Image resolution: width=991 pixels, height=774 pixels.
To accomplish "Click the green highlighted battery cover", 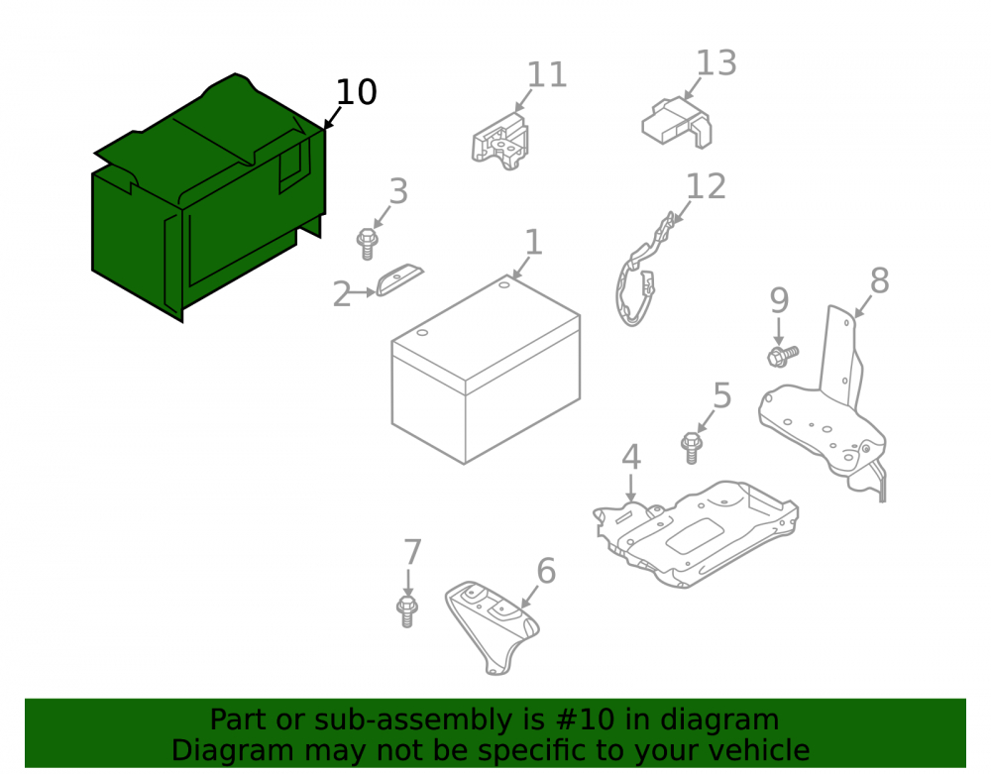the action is tap(208, 202).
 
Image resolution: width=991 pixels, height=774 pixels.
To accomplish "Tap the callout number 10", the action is tap(357, 92).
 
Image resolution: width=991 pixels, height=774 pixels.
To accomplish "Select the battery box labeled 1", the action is tap(486, 370).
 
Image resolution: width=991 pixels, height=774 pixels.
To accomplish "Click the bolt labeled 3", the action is tap(367, 245).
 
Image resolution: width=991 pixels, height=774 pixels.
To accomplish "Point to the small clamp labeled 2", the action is tap(399, 278).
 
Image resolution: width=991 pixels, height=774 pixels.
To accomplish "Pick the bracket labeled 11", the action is tap(499, 142).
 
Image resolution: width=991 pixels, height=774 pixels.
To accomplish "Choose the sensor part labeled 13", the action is tap(677, 122).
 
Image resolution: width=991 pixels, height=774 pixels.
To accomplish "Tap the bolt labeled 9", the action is tap(783, 356).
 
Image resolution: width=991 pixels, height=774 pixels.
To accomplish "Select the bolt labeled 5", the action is tap(692, 447).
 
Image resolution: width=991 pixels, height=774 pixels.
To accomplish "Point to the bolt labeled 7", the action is tap(407, 610).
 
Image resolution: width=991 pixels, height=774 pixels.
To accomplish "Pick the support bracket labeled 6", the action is tap(492, 625).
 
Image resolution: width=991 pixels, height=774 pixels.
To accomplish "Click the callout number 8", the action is tap(880, 280).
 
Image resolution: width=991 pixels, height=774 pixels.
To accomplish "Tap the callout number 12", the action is tap(706, 187).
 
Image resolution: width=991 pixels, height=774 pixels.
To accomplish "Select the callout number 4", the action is tap(631, 457).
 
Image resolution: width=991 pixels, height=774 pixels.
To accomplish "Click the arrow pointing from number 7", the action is tap(408, 583).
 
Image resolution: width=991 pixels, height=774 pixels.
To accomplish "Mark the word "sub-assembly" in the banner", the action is tap(429, 719).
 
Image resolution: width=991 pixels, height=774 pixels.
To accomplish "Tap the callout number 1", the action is tap(533, 243).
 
